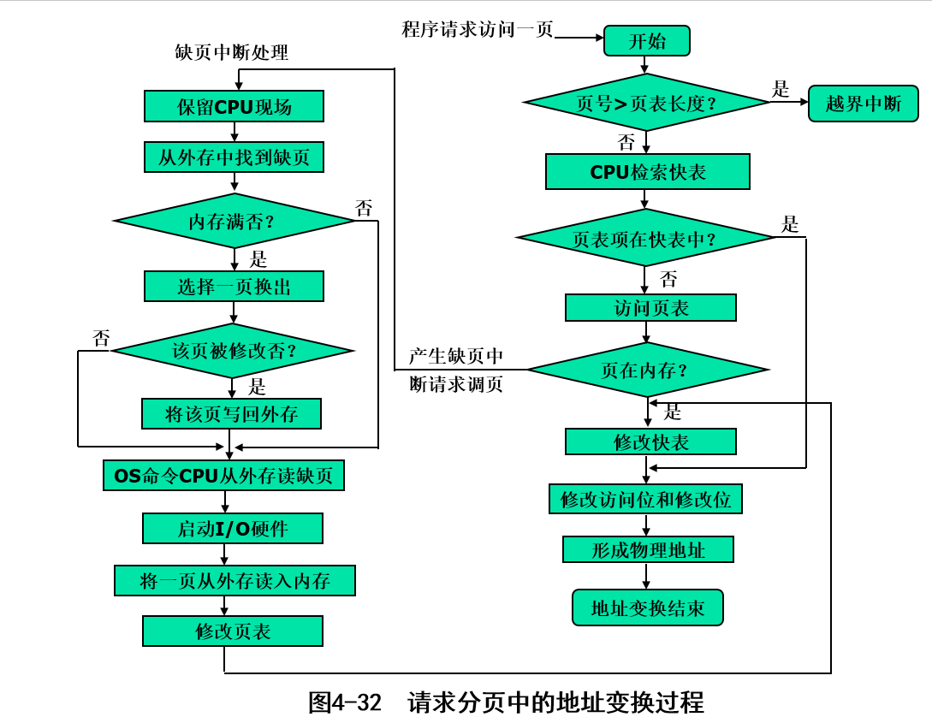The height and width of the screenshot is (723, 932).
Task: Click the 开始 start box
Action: click(646, 41)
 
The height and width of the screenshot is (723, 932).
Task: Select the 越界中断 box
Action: click(863, 104)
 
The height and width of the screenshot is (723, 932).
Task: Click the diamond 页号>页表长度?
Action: click(646, 103)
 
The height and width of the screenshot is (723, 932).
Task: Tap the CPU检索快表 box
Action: click(647, 172)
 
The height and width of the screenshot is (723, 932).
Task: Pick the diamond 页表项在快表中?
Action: click(645, 238)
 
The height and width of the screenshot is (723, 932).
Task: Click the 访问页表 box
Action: click(650, 308)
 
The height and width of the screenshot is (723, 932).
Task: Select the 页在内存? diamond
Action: click(647, 370)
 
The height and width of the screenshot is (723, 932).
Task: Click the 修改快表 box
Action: click(650, 442)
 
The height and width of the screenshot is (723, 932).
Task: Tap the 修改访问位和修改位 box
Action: click(645, 499)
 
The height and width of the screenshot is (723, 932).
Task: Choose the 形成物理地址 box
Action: click(648, 549)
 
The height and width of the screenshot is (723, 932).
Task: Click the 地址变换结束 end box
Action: click(647, 607)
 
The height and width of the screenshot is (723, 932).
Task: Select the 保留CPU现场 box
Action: click(234, 106)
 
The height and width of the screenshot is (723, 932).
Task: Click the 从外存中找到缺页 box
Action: click(234, 157)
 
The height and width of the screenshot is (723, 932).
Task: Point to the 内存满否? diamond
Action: click(234, 222)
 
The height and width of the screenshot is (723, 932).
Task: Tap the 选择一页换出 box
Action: click(234, 287)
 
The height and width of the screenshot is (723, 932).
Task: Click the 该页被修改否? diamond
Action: click(233, 350)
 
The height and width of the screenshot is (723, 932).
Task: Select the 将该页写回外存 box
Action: click(231, 414)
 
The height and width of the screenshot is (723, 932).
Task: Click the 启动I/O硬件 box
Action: click(232, 529)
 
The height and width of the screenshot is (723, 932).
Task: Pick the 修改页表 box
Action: click(232, 631)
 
